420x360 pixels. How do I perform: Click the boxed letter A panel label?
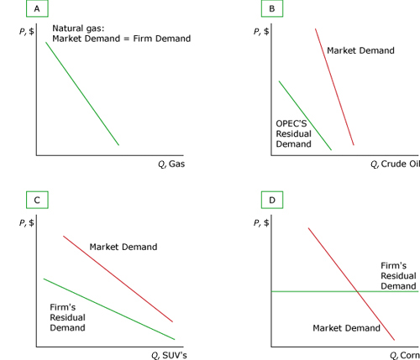pyautogui.click(x=37, y=8)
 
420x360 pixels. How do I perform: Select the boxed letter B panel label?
pyautogui.click(x=272, y=8)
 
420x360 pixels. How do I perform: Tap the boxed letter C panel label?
pyautogui.click(x=37, y=200)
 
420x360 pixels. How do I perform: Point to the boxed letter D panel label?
pyautogui.click(x=272, y=200)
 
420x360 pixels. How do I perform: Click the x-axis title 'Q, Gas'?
pyautogui.click(x=171, y=164)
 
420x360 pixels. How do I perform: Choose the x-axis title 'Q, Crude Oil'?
pyautogui.click(x=396, y=164)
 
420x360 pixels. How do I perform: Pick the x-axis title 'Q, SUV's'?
pyautogui.click(x=169, y=355)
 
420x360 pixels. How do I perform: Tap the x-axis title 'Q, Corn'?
pyautogui.click(x=405, y=355)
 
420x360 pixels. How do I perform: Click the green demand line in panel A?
pyautogui.click(x=82, y=94)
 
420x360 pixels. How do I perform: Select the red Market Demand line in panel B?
pyautogui.click(x=334, y=86)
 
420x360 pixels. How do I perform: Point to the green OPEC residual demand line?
pyautogui.click(x=305, y=116)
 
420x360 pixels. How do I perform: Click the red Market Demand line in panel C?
pyautogui.click(x=118, y=279)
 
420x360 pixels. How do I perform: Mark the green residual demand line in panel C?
pyautogui.click(x=109, y=309)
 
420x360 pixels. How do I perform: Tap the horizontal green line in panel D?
pyautogui.click(x=345, y=291)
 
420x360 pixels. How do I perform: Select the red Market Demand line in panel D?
pyautogui.click(x=351, y=284)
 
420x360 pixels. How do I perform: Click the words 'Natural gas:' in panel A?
pyautogui.click(x=78, y=29)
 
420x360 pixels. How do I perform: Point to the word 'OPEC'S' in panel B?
pyautogui.click(x=291, y=123)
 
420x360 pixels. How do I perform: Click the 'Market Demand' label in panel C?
pyautogui.click(x=123, y=247)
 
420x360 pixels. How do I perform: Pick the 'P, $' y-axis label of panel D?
pyautogui.click(x=261, y=223)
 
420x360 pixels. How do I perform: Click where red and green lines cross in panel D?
pyautogui.click(x=357, y=291)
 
